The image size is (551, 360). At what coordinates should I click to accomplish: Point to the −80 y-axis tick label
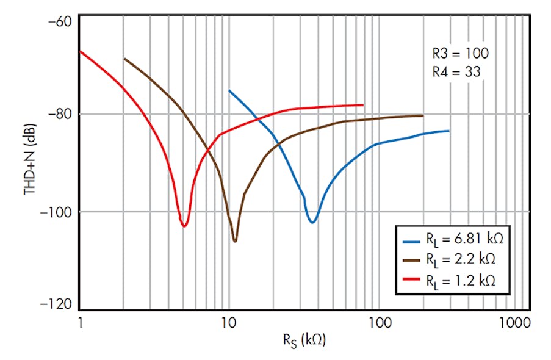tap(59, 114)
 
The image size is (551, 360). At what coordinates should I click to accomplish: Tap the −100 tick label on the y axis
tap(56, 212)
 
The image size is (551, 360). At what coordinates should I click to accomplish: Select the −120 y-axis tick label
tap(56, 304)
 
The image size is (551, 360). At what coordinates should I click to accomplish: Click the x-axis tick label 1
tap(80, 322)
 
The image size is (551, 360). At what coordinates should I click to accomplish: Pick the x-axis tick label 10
tap(229, 322)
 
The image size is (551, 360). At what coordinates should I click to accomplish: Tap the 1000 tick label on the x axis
tap(510, 322)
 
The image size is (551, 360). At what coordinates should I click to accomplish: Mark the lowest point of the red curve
tap(184, 226)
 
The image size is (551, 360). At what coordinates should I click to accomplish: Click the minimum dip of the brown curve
tap(234, 241)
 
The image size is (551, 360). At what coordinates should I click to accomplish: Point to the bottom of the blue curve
tap(312, 222)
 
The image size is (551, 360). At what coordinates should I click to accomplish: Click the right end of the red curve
tap(363, 105)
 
